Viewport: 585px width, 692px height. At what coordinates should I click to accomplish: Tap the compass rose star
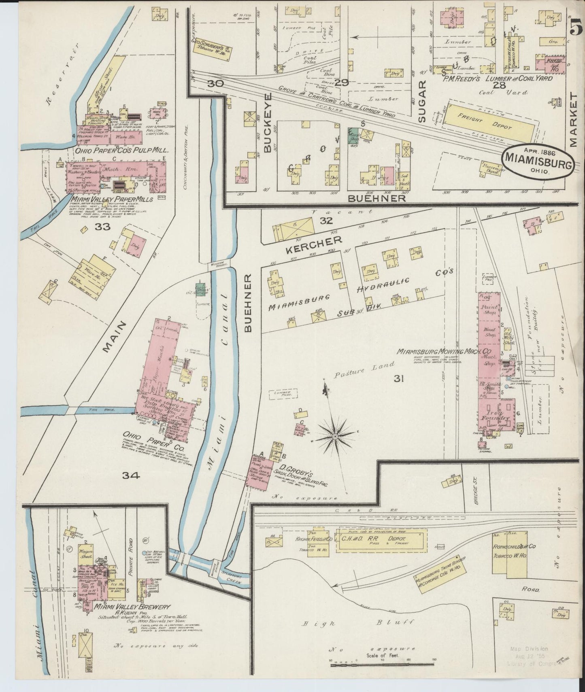point(335,437)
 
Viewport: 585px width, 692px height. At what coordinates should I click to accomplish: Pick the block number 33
point(102,227)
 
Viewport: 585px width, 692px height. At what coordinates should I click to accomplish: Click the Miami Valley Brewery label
point(132,607)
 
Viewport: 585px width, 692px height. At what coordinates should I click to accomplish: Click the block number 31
point(399,379)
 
